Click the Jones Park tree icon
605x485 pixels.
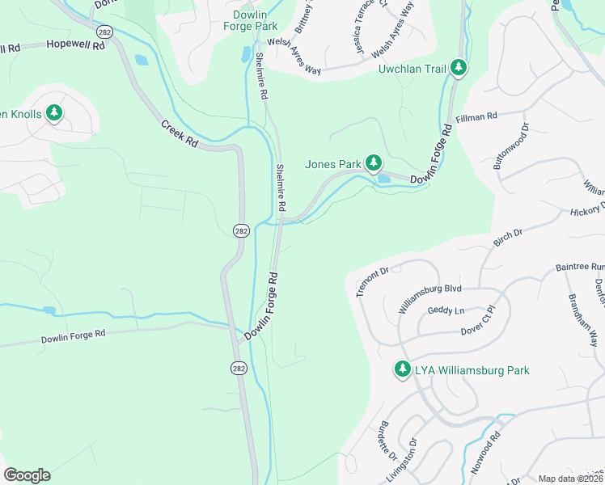pyautogui.click(x=373, y=164)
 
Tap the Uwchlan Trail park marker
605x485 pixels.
pyautogui.click(x=459, y=68)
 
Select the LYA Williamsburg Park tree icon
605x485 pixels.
pyautogui.click(x=402, y=369)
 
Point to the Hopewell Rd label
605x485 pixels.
pyautogui.click(x=75, y=46)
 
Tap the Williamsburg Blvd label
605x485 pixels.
pyautogui.click(x=429, y=298)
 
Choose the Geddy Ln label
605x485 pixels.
pyautogui.click(x=446, y=311)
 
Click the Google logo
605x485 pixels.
pyautogui.click(x=27, y=475)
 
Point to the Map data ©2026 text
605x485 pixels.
pyautogui.click(x=571, y=479)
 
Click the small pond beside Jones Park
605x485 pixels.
pyautogui.click(x=383, y=179)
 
